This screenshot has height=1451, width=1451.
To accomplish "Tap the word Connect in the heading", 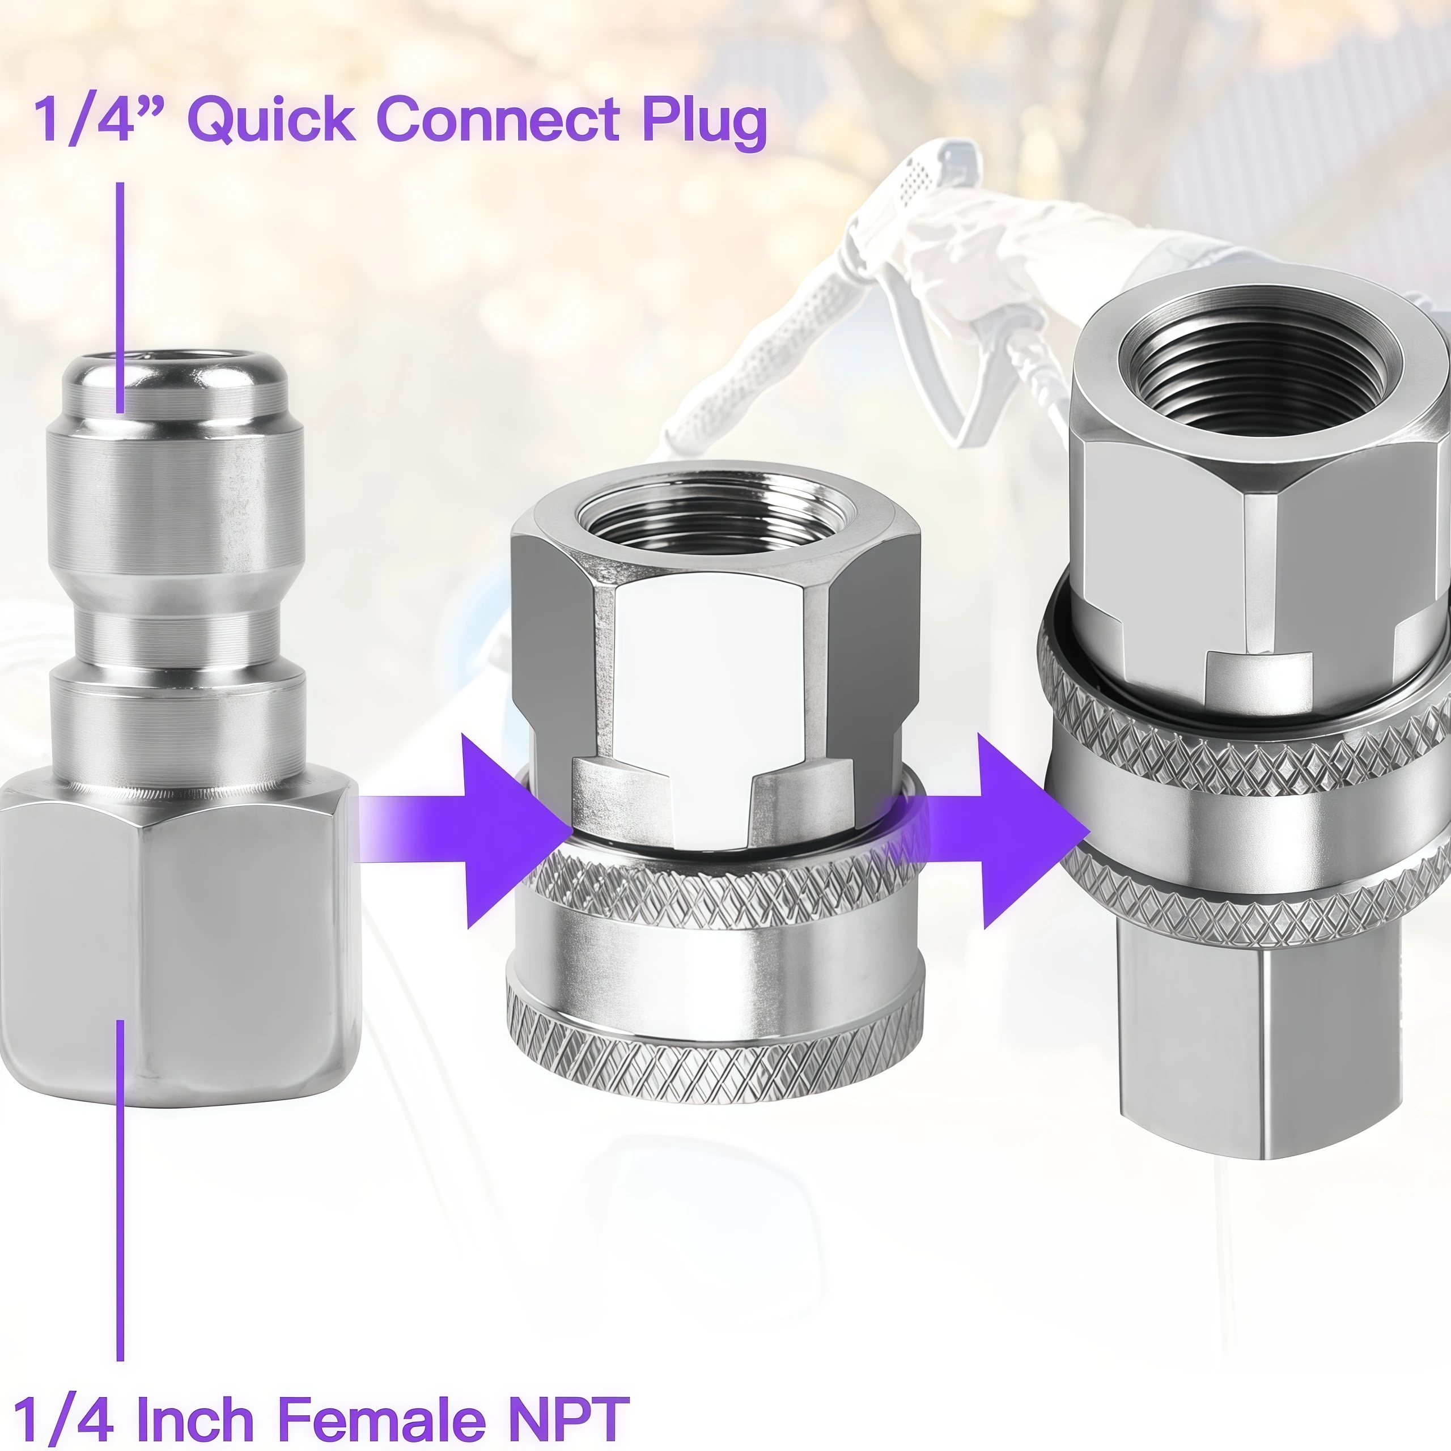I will (x=497, y=118).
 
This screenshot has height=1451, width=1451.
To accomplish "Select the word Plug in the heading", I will (x=704, y=120).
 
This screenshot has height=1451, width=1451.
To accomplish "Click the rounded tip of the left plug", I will (x=176, y=391).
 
